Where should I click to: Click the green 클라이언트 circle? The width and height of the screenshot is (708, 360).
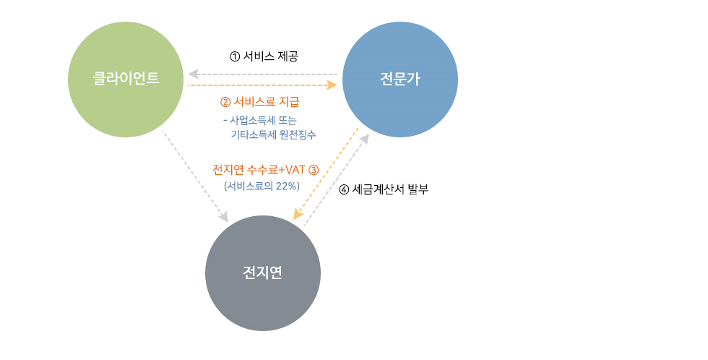125,79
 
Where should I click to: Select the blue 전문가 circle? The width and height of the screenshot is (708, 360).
400,79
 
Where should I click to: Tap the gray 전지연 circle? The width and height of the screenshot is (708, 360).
262,273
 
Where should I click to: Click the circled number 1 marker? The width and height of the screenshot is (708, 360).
233,56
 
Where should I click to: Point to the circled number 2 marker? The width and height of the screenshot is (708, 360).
225,102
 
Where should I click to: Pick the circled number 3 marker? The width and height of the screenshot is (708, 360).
313,170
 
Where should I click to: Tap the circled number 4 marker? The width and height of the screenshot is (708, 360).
344,190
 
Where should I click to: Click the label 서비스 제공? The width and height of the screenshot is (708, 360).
271,56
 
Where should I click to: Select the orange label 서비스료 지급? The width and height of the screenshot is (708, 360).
267,102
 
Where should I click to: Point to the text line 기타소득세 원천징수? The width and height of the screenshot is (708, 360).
272,134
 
